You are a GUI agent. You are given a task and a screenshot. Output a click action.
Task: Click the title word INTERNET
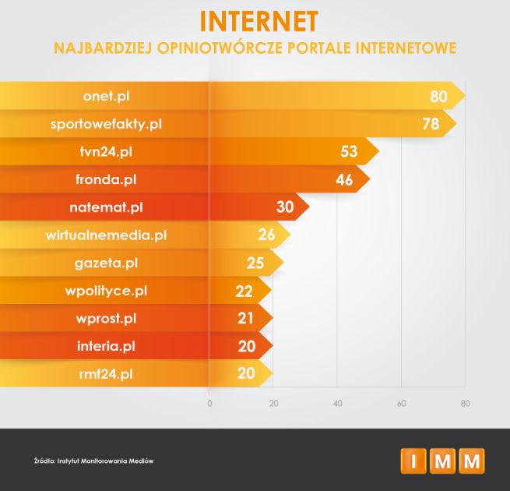click(255, 21)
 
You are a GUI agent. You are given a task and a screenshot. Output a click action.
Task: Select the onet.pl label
click(106, 97)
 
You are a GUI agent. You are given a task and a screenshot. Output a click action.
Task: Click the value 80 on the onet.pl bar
click(439, 97)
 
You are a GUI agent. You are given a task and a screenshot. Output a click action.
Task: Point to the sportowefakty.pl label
click(106, 124)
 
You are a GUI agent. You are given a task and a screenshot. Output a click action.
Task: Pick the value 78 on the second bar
click(431, 124)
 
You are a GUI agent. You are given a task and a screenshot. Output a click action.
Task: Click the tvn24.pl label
click(106, 152)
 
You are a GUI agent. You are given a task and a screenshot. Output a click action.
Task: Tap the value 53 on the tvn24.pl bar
click(350, 152)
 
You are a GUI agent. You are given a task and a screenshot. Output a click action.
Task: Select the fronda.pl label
click(106, 180)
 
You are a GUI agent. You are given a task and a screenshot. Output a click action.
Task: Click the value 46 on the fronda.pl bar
click(344, 180)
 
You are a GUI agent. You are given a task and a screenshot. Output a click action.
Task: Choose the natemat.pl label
click(106, 207)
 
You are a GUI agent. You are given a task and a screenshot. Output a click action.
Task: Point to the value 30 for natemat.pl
click(285, 208)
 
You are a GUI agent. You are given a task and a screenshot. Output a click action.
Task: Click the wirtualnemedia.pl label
click(106, 235)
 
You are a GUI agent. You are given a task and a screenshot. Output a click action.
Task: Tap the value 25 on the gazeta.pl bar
click(255, 263)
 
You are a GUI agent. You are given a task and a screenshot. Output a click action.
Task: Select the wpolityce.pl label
click(106, 291)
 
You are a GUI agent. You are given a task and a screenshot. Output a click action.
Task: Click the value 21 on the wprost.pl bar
click(246, 318)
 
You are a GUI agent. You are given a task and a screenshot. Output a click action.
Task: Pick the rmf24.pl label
click(106, 373)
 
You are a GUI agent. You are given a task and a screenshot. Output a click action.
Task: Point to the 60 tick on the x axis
click(401, 403)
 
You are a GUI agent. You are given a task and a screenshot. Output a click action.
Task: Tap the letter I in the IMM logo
click(413, 461)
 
